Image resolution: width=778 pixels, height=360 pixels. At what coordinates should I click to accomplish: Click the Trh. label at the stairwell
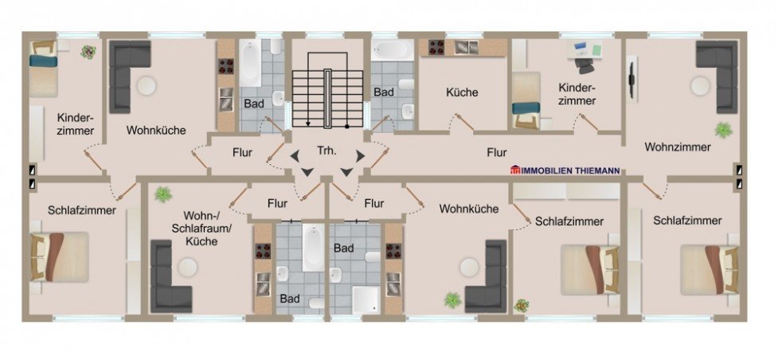point(326,151)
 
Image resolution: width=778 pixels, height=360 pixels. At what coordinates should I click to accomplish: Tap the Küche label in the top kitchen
point(463,92)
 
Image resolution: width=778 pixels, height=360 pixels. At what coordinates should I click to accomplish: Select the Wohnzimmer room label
point(678,147)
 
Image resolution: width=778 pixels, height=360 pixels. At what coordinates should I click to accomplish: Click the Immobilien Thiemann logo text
point(565,170)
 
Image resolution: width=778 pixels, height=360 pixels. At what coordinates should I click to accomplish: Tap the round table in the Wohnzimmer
point(701,86)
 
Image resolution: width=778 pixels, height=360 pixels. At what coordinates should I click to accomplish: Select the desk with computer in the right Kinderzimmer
point(586,54)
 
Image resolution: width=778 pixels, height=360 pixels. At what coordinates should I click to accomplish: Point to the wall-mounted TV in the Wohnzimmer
point(632,80)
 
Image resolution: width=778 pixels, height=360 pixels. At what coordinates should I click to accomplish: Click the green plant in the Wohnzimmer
point(724,129)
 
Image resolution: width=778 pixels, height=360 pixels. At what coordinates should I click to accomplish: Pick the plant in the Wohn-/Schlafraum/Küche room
point(163,194)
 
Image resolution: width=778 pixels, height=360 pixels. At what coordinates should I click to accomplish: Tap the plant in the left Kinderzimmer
point(88,53)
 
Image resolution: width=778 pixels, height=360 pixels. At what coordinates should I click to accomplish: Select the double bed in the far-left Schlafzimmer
point(58,257)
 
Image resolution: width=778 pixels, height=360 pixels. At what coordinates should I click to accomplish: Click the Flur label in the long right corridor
point(496,151)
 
